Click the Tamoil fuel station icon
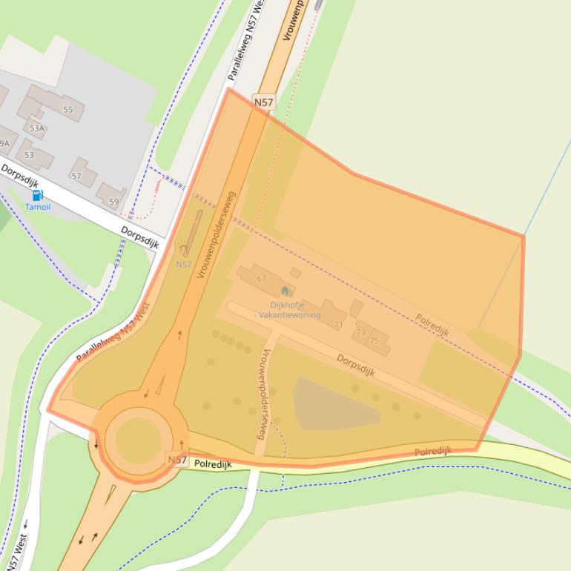point(37,196)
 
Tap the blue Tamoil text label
point(38,207)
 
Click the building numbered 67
point(261,278)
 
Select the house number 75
point(374,340)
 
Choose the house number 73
point(361,332)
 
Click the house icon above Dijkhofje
point(285,291)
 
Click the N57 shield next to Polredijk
point(176,461)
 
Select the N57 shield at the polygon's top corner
point(263,102)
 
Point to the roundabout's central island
point(138,438)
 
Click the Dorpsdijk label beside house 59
point(140,237)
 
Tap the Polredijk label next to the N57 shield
point(213,464)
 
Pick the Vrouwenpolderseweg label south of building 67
point(260,393)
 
